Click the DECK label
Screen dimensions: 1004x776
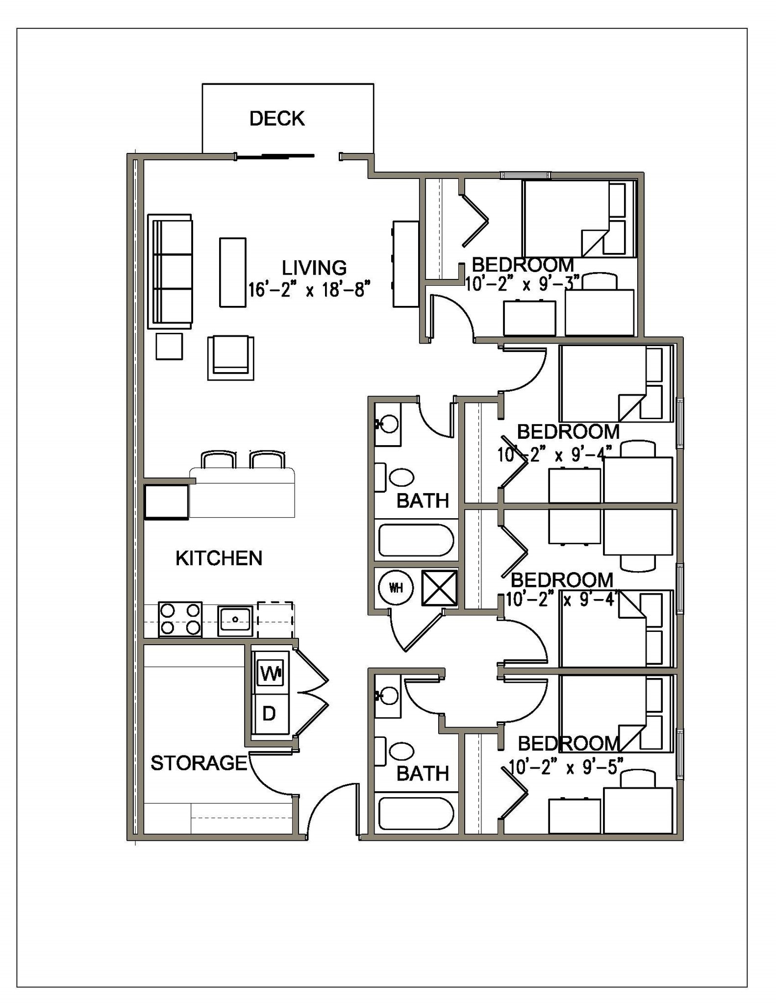coord(277,119)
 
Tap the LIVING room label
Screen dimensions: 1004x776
coord(314,268)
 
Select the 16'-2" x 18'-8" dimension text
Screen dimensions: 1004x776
coord(309,290)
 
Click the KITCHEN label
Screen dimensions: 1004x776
coord(219,558)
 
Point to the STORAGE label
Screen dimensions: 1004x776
coord(199,763)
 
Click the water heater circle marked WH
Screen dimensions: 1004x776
coord(396,587)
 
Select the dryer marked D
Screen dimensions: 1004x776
coord(269,714)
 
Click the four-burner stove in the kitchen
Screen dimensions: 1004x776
coord(180,619)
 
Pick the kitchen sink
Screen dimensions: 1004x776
coord(235,620)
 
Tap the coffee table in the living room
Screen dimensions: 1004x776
coord(232,273)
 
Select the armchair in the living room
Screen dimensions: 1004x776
coord(230,357)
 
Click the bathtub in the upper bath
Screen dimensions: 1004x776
coord(416,540)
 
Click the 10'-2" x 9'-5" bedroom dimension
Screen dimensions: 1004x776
coord(566,767)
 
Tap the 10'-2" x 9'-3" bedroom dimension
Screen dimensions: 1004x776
coord(523,284)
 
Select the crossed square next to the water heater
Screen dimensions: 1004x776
coord(439,587)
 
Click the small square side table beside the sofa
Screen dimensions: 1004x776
coord(169,346)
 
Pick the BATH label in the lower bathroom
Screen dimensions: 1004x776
coord(423,774)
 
